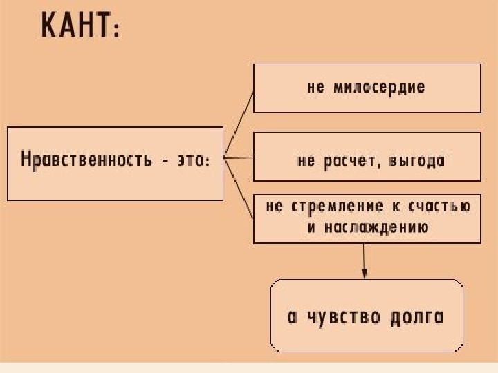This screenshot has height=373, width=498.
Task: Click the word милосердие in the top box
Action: [379, 88]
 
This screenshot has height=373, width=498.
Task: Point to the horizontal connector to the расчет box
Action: [239, 158]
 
